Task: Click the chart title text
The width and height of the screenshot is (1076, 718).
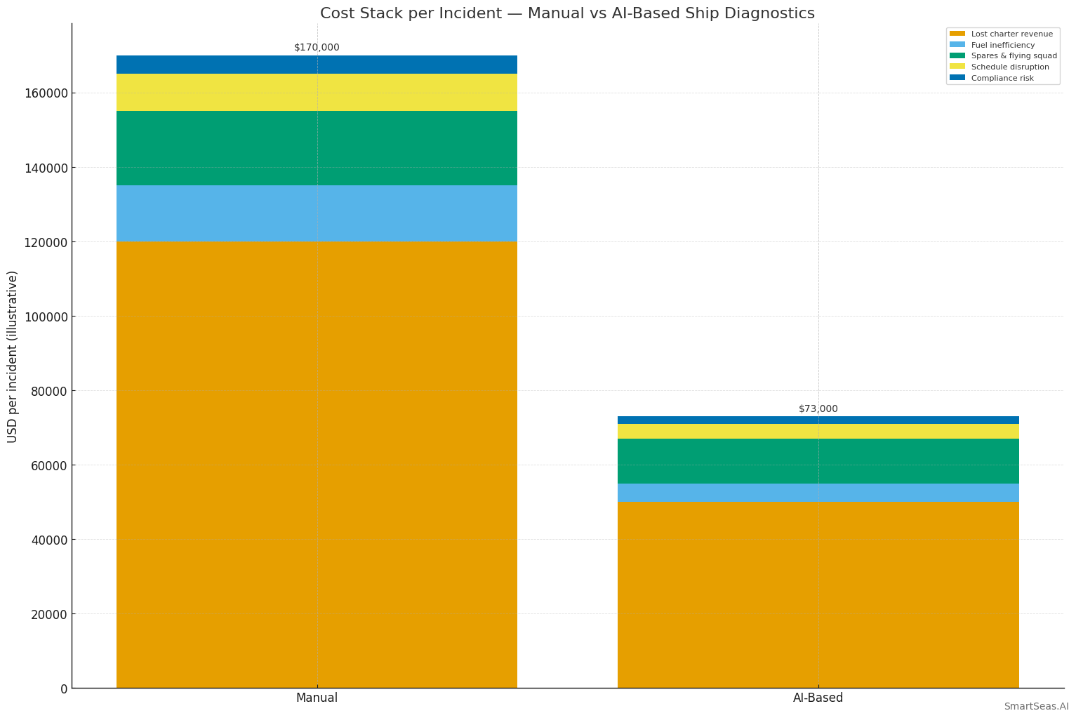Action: (x=567, y=13)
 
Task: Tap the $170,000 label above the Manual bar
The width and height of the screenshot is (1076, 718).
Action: (x=317, y=48)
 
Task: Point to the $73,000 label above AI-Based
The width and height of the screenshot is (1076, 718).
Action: (x=818, y=409)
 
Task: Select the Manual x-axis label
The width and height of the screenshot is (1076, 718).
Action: (x=317, y=698)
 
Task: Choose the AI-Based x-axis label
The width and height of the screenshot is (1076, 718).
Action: (x=818, y=698)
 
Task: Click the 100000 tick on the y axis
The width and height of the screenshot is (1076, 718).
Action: (x=44, y=317)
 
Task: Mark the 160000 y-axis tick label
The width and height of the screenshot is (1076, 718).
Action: (x=44, y=93)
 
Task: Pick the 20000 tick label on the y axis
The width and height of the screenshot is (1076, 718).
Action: (x=47, y=614)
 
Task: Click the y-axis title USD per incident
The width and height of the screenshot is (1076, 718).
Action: (x=13, y=357)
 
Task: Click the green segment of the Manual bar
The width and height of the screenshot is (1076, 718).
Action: (x=317, y=148)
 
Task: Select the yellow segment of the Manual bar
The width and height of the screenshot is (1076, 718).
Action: (x=317, y=93)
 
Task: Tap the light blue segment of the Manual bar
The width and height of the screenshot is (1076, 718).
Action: (x=317, y=213)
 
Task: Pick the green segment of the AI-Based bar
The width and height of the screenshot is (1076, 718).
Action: (x=818, y=461)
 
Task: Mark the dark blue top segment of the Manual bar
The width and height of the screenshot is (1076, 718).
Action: (x=317, y=65)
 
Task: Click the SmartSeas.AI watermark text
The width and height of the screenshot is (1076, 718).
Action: (x=1035, y=707)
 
